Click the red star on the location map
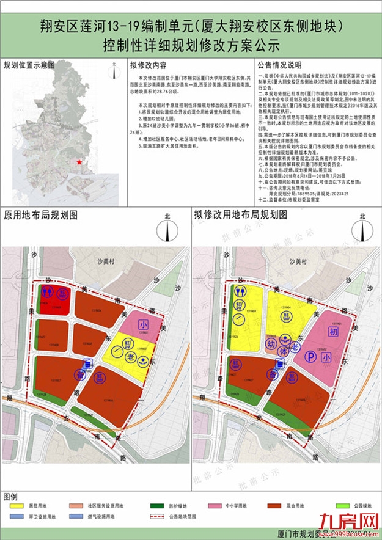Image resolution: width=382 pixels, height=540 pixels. (78, 162)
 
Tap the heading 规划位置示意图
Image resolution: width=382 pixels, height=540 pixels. (29, 65)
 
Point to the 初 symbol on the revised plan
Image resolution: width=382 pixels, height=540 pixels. (332, 332)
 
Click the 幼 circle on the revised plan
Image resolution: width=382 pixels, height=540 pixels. (273, 344)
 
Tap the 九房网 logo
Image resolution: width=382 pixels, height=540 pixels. (345, 521)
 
